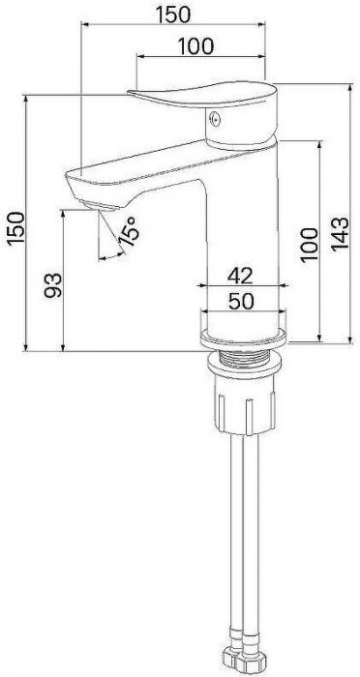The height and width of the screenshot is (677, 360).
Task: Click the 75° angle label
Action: point(129,231)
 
